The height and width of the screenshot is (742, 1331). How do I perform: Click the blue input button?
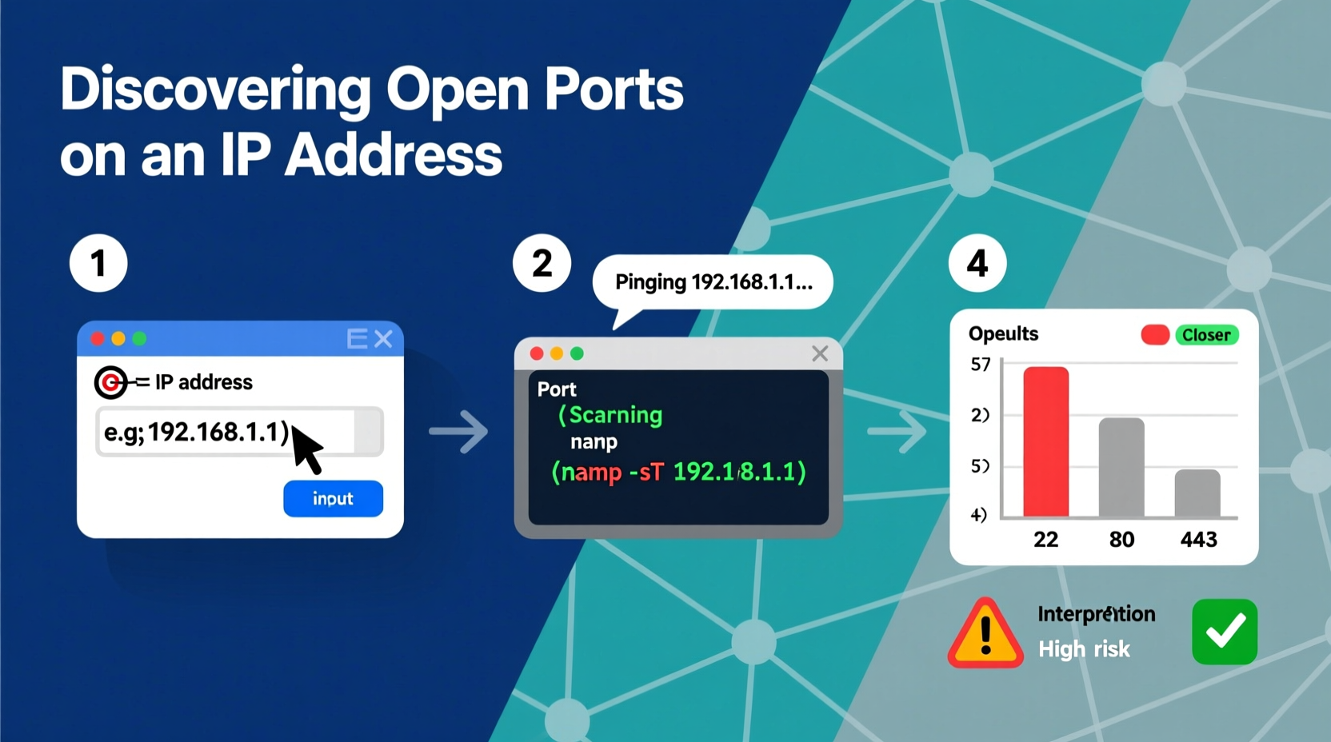point(333,498)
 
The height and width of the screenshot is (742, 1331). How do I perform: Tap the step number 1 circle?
point(98,263)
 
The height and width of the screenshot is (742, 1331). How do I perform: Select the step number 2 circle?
point(542,263)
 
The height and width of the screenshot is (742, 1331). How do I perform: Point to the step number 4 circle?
point(977,263)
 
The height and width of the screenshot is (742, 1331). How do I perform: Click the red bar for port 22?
point(1045,441)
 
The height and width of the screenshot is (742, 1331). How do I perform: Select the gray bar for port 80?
point(1121,467)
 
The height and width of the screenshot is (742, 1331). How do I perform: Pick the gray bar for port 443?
point(1197,493)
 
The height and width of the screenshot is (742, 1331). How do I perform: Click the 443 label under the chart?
point(1198,540)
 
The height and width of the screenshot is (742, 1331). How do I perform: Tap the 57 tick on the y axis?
point(981,365)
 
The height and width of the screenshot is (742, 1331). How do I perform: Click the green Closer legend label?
point(1206,335)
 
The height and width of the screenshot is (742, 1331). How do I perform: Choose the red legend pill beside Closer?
point(1155,335)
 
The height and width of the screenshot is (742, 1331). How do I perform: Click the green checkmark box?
point(1225,632)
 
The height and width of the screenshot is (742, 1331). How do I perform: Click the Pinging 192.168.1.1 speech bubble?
point(713,282)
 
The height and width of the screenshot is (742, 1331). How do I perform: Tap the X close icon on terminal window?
point(820,353)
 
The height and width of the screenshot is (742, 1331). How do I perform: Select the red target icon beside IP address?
point(110,382)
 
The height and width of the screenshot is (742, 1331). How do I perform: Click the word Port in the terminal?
point(557,389)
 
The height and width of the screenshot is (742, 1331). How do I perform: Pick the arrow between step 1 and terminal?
point(458,432)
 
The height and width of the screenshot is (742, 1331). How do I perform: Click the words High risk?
point(1084,649)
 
